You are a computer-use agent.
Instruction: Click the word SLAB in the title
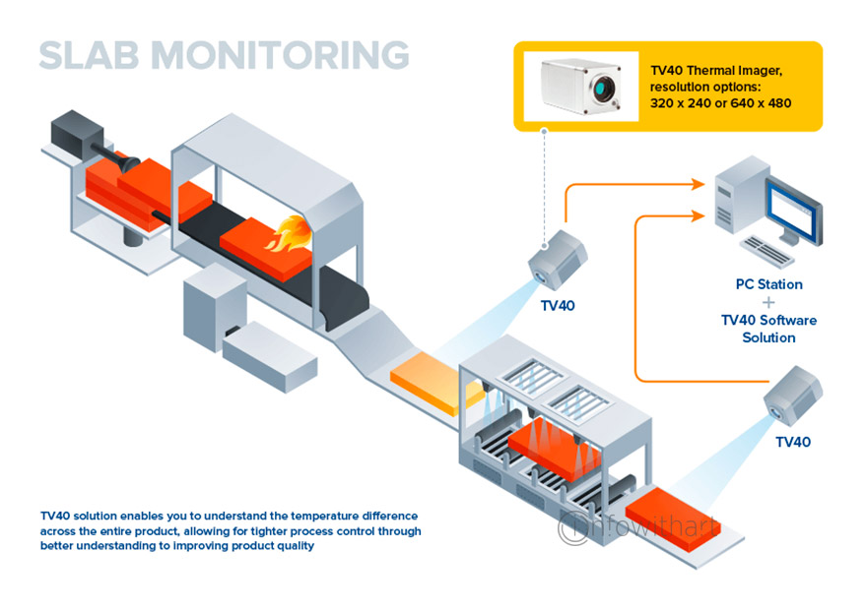89,55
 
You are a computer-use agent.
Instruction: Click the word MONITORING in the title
280,55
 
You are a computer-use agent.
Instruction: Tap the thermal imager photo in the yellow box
581,86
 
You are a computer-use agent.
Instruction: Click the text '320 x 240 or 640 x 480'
720,103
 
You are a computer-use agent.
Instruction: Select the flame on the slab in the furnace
290,234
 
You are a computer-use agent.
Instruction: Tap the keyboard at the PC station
766,251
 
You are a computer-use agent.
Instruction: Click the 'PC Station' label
769,284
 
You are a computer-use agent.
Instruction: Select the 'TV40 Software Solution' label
769,329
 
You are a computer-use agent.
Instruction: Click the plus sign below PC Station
768,302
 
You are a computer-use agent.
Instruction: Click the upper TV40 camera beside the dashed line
558,260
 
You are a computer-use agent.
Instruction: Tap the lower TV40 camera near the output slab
793,396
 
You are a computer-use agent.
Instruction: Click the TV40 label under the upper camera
558,306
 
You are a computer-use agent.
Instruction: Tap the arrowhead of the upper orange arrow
699,185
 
